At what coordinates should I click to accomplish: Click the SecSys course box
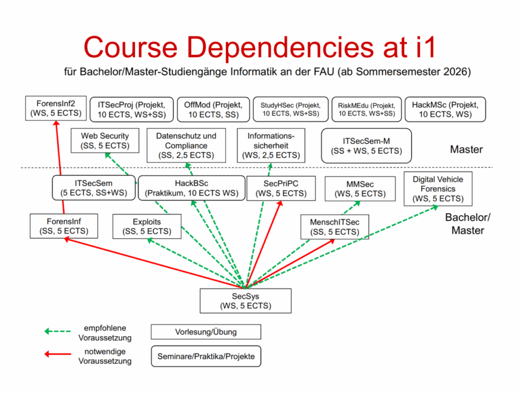coord(245,300)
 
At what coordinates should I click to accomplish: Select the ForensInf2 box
coord(55,108)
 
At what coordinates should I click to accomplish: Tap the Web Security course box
coord(104,141)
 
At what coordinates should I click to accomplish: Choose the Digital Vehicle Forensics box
coord(437,189)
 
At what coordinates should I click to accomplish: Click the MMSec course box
coord(360,188)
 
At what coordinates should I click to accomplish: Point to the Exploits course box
coord(146,226)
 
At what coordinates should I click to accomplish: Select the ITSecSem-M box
coord(366,146)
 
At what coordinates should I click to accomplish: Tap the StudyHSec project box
coord(290,109)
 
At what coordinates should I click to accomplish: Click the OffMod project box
coord(213,109)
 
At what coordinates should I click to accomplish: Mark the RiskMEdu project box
coord(366,109)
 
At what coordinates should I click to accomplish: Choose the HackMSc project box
coord(444,109)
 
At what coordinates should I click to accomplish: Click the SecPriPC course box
coord(280,188)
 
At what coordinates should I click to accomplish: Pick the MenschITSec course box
coord(335,227)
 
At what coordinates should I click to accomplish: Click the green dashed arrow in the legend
coord(57,331)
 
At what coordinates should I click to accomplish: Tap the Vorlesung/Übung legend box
coord(206,332)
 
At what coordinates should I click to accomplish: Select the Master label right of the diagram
coord(466,149)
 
